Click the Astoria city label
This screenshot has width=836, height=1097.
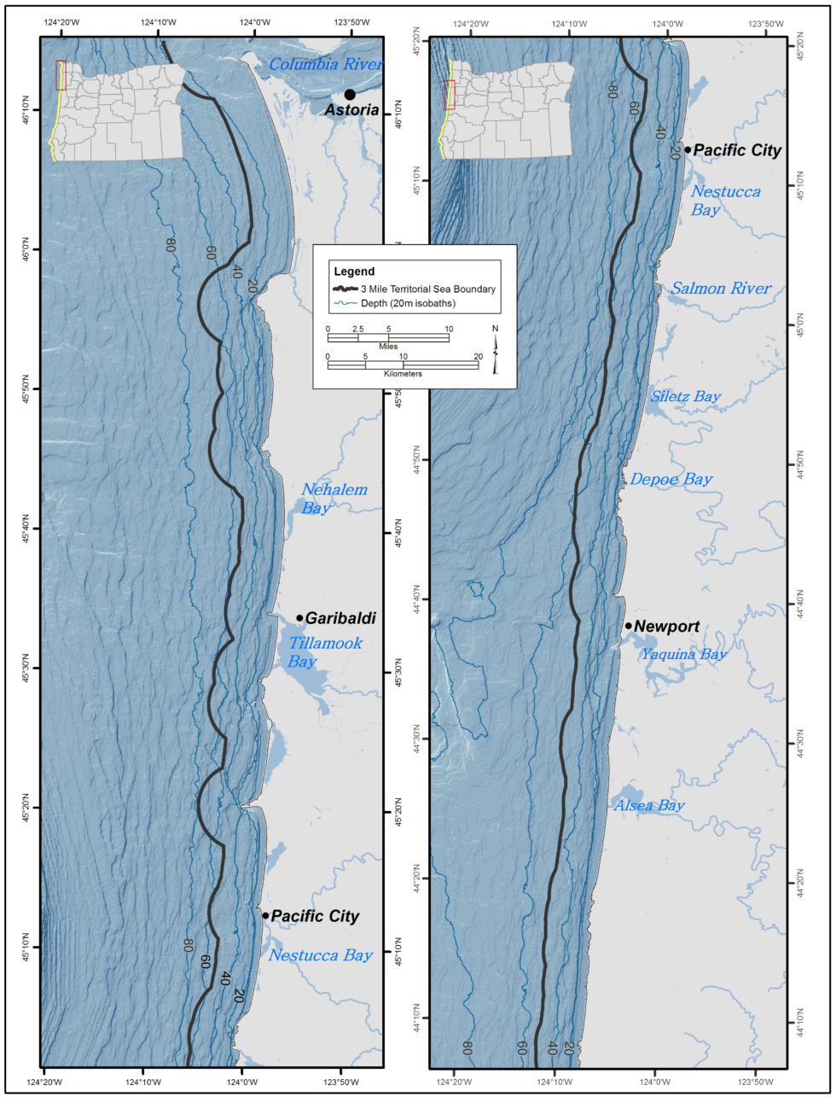click(x=351, y=110)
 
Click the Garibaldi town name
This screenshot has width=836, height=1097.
click(x=340, y=618)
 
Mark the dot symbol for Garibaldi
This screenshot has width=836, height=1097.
click(x=299, y=618)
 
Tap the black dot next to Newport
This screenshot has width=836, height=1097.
click(x=629, y=626)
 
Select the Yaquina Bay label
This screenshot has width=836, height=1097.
click(x=684, y=655)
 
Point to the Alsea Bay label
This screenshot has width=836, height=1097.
click(x=649, y=805)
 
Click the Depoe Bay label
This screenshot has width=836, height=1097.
click(x=671, y=480)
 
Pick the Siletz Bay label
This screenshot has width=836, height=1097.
click(x=686, y=397)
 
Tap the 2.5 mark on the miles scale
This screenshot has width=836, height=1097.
click(x=358, y=329)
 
